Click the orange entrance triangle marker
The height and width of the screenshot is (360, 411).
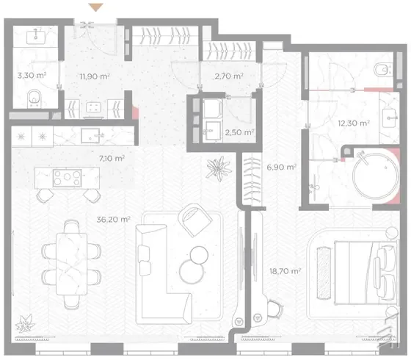(95, 7)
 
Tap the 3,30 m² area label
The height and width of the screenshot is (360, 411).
(32, 76)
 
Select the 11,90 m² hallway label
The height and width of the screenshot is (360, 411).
(95, 76)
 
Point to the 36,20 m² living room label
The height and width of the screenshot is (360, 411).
(113, 220)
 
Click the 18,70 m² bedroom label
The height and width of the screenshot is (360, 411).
(285, 271)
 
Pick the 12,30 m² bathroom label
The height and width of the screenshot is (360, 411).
(354, 123)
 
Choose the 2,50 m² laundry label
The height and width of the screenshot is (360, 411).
(239, 132)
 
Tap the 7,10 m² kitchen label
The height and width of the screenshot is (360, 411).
(112, 158)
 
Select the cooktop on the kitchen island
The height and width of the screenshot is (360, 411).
(67, 178)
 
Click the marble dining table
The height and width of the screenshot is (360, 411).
(72, 264)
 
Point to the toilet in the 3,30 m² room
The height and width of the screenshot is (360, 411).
(34, 98)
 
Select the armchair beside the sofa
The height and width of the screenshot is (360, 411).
(195, 220)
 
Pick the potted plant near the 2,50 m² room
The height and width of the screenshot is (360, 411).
(219, 169)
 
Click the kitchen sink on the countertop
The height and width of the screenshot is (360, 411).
(90, 136)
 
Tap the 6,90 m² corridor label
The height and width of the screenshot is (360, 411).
(282, 167)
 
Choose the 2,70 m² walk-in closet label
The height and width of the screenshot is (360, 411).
(229, 76)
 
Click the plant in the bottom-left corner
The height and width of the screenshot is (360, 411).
(25, 323)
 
